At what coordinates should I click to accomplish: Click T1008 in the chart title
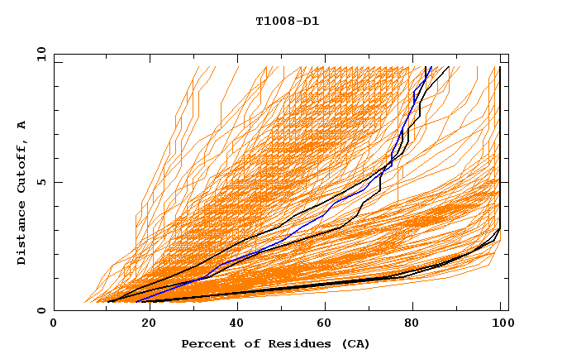point(271,21)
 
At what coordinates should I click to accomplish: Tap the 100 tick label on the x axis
point(501,324)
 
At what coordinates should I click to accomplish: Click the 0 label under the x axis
point(54,324)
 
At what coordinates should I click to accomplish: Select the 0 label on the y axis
point(42,310)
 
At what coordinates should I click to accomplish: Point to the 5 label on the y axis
point(42,182)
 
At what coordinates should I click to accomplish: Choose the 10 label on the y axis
point(39,54)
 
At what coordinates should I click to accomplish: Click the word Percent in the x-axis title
point(207,343)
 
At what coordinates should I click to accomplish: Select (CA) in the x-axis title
point(354,343)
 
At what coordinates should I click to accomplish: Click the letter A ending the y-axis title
point(22,125)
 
